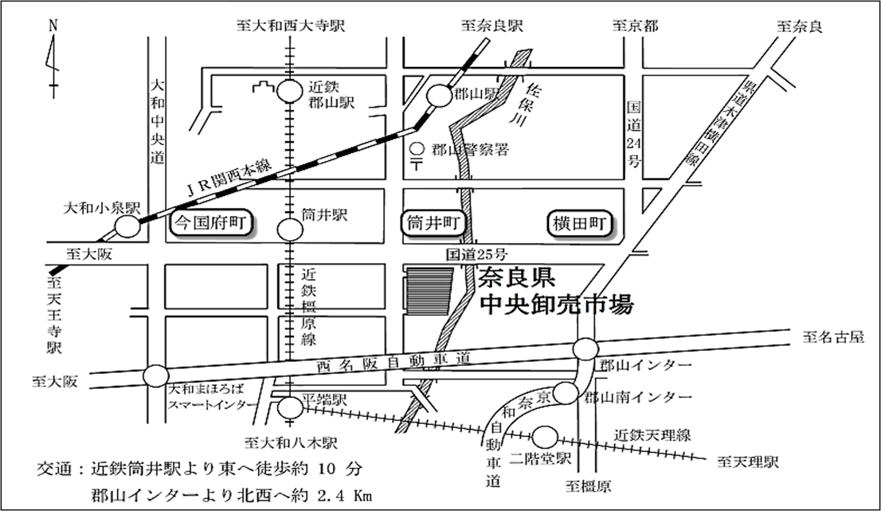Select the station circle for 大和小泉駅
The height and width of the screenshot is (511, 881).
127,227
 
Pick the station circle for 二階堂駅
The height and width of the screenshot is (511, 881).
544,437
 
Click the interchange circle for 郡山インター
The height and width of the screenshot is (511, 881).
585,350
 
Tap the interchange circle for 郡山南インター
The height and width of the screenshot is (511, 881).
566,391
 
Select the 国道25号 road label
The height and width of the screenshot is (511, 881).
476,255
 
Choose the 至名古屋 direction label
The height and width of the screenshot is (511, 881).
833,337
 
